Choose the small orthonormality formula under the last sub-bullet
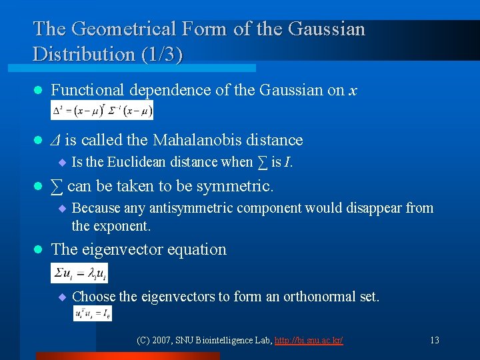click(92, 313)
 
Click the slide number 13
click(434, 340)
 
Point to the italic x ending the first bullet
click(352, 90)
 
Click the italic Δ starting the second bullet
click(56, 140)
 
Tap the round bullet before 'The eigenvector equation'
click(38, 250)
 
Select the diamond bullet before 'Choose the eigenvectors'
click(62, 297)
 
